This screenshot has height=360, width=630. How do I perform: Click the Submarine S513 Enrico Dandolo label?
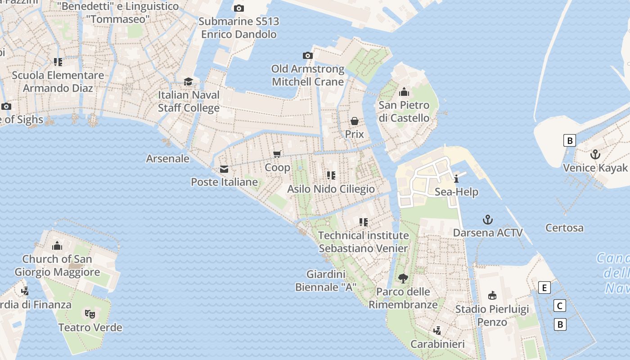[238, 28]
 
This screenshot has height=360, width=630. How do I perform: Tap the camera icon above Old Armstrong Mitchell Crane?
[308, 56]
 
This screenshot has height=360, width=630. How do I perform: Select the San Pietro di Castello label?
[404, 112]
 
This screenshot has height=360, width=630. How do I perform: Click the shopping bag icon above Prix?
[355, 121]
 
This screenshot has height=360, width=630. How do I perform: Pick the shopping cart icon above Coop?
[277, 154]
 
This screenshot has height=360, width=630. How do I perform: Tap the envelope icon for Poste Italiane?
[224, 169]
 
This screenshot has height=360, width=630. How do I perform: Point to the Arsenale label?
[168, 159]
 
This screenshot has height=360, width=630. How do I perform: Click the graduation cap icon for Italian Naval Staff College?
[188, 81]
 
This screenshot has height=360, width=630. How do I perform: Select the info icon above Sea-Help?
[456, 179]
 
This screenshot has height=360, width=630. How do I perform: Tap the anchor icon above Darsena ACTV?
[488, 220]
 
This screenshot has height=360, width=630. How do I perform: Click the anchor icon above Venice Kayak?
[595, 155]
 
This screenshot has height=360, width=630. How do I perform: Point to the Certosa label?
[564, 228]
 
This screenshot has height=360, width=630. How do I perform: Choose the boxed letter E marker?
[544, 288]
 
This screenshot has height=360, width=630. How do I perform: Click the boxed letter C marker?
[559, 306]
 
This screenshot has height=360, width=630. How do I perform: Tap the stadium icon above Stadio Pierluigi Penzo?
[492, 296]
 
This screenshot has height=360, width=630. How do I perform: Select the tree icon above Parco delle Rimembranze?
[403, 278]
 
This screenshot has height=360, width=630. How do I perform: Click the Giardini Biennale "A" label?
[326, 281]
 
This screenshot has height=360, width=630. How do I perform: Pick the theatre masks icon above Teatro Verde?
[90, 314]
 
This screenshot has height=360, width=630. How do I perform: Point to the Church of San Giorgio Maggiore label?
[57, 265]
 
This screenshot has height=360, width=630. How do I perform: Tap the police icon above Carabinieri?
[437, 331]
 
